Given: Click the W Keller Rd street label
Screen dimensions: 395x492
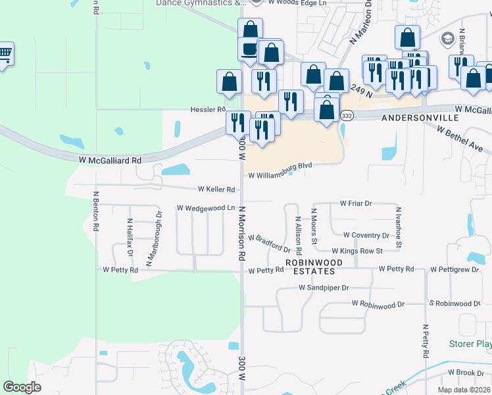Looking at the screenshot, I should (216, 190).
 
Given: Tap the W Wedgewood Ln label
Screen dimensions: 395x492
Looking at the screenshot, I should (206, 208).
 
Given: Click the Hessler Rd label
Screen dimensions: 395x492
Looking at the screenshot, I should (208, 109).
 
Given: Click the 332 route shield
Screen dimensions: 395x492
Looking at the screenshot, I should (347, 116).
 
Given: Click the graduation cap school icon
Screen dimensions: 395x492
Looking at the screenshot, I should (449, 38).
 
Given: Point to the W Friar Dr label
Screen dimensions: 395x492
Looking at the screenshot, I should (356, 204).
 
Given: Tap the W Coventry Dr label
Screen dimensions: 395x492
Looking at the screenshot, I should (366, 236).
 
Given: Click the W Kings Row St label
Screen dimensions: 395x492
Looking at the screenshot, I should (357, 251).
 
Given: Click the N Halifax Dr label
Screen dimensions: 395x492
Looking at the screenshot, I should (130, 238).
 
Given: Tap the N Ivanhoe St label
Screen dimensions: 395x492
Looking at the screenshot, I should (399, 228).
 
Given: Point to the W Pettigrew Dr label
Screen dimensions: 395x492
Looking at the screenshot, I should (455, 269).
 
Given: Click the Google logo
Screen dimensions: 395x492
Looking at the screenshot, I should (22, 387).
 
